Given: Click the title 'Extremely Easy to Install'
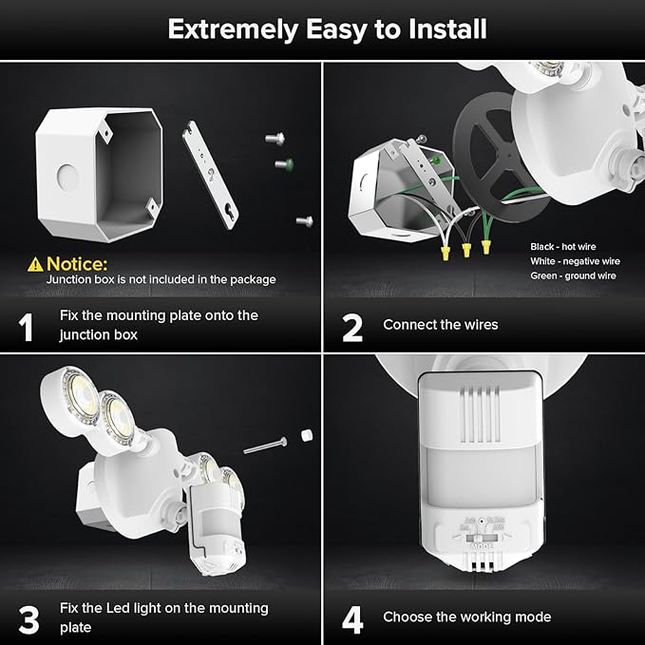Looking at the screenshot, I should click(x=327, y=28).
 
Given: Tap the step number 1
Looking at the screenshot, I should click(x=28, y=327).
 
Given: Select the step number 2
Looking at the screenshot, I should click(x=352, y=327).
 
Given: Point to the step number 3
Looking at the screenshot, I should click(x=28, y=619).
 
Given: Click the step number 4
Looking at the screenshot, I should click(x=352, y=619).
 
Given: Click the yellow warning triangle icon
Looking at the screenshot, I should click(x=35, y=263).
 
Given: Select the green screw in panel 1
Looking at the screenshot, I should click(x=282, y=164).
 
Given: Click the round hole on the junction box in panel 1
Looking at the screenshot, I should click(x=66, y=176).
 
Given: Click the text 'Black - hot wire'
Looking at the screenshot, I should click(x=562, y=246).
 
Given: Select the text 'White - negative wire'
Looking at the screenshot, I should click(x=575, y=260).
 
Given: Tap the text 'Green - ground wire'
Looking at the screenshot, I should click(x=573, y=275).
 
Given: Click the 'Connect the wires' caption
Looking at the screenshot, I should click(x=440, y=325).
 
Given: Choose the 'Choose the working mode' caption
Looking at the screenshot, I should click(x=466, y=617).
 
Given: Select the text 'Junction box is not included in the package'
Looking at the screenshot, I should click(x=161, y=279).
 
